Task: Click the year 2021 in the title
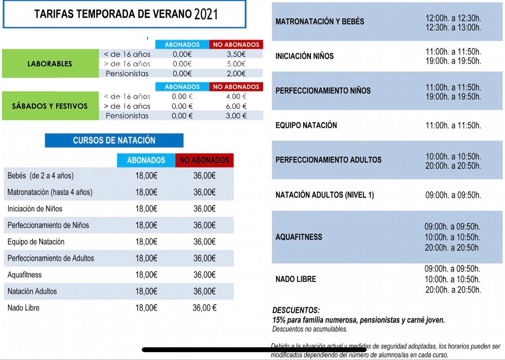(x=206, y=14)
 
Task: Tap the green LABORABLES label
(x=49, y=64)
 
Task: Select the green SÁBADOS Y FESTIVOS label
(x=49, y=106)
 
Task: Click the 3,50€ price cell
(x=236, y=54)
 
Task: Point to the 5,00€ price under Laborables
(x=236, y=64)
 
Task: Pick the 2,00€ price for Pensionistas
(x=236, y=74)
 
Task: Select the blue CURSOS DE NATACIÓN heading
(x=114, y=140)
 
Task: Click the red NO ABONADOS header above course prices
(x=204, y=160)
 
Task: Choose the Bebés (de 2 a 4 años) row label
(x=41, y=176)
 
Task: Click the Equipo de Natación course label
(x=36, y=242)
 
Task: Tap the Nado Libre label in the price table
(x=23, y=308)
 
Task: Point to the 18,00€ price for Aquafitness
(x=146, y=275)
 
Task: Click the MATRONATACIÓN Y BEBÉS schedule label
(x=320, y=21)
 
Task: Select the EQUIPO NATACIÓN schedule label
(x=307, y=126)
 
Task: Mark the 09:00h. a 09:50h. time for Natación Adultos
(x=453, y=195)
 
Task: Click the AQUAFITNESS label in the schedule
(x=299, y=237)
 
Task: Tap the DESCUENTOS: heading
(x=296, y=310)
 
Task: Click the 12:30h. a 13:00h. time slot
(x=453, y=27)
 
